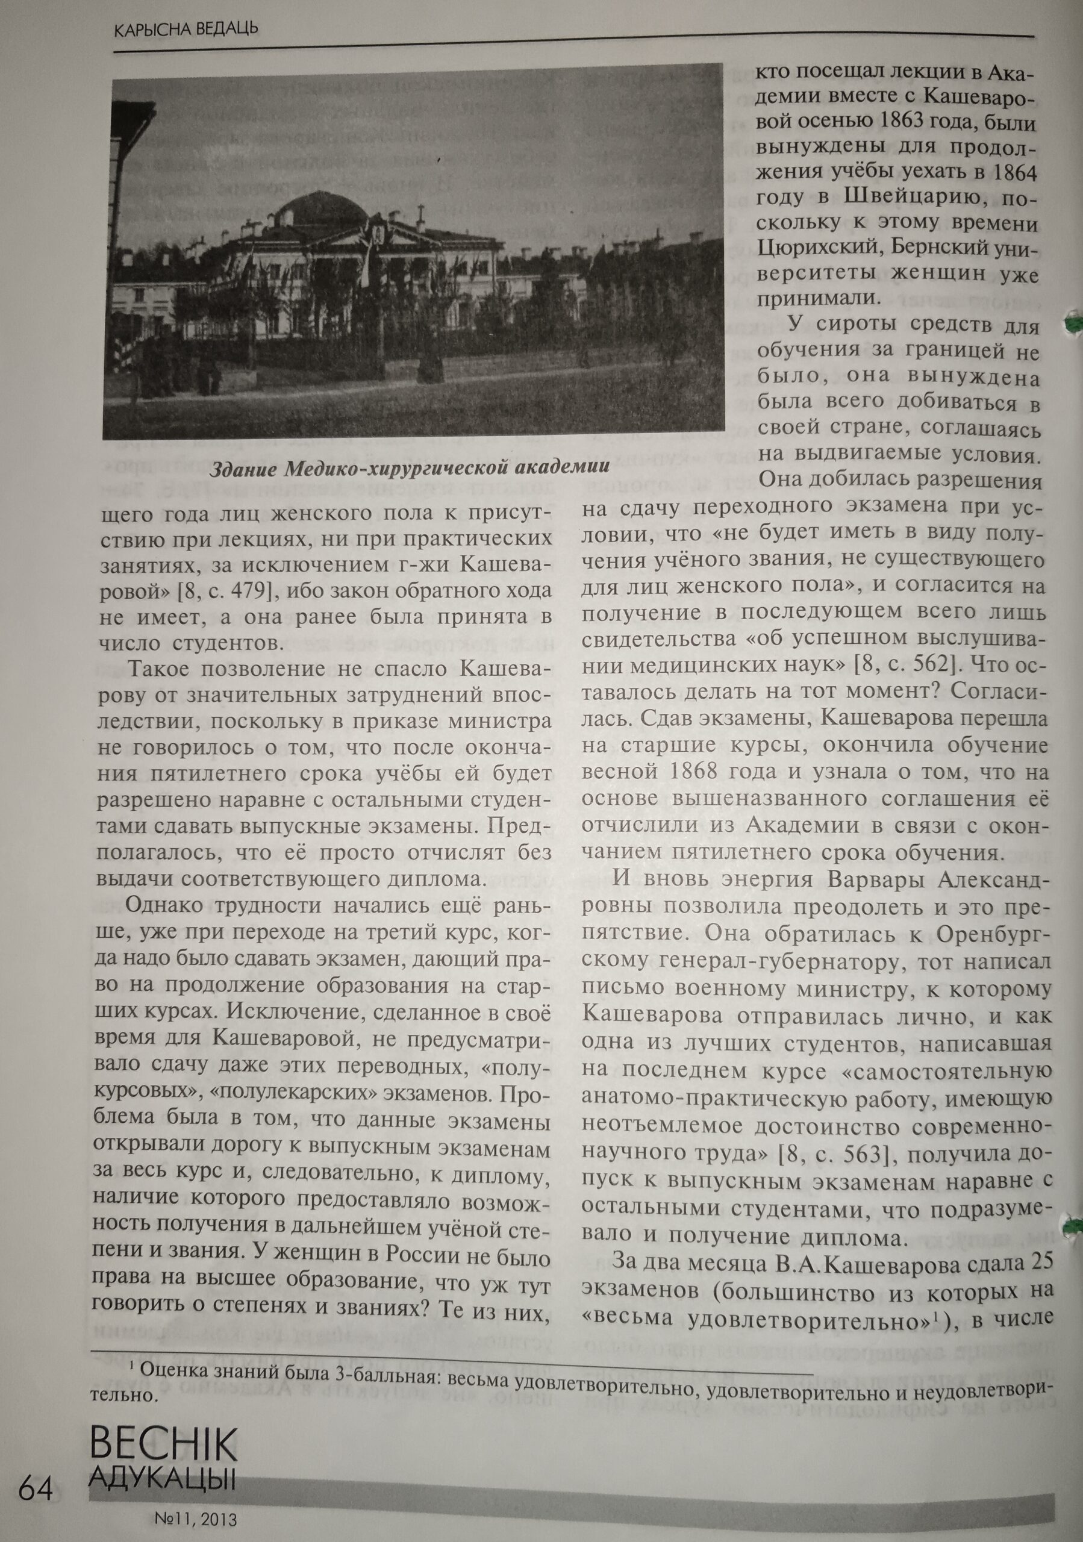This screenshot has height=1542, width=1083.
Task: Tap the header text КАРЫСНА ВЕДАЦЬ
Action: (x=186, y=30)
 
